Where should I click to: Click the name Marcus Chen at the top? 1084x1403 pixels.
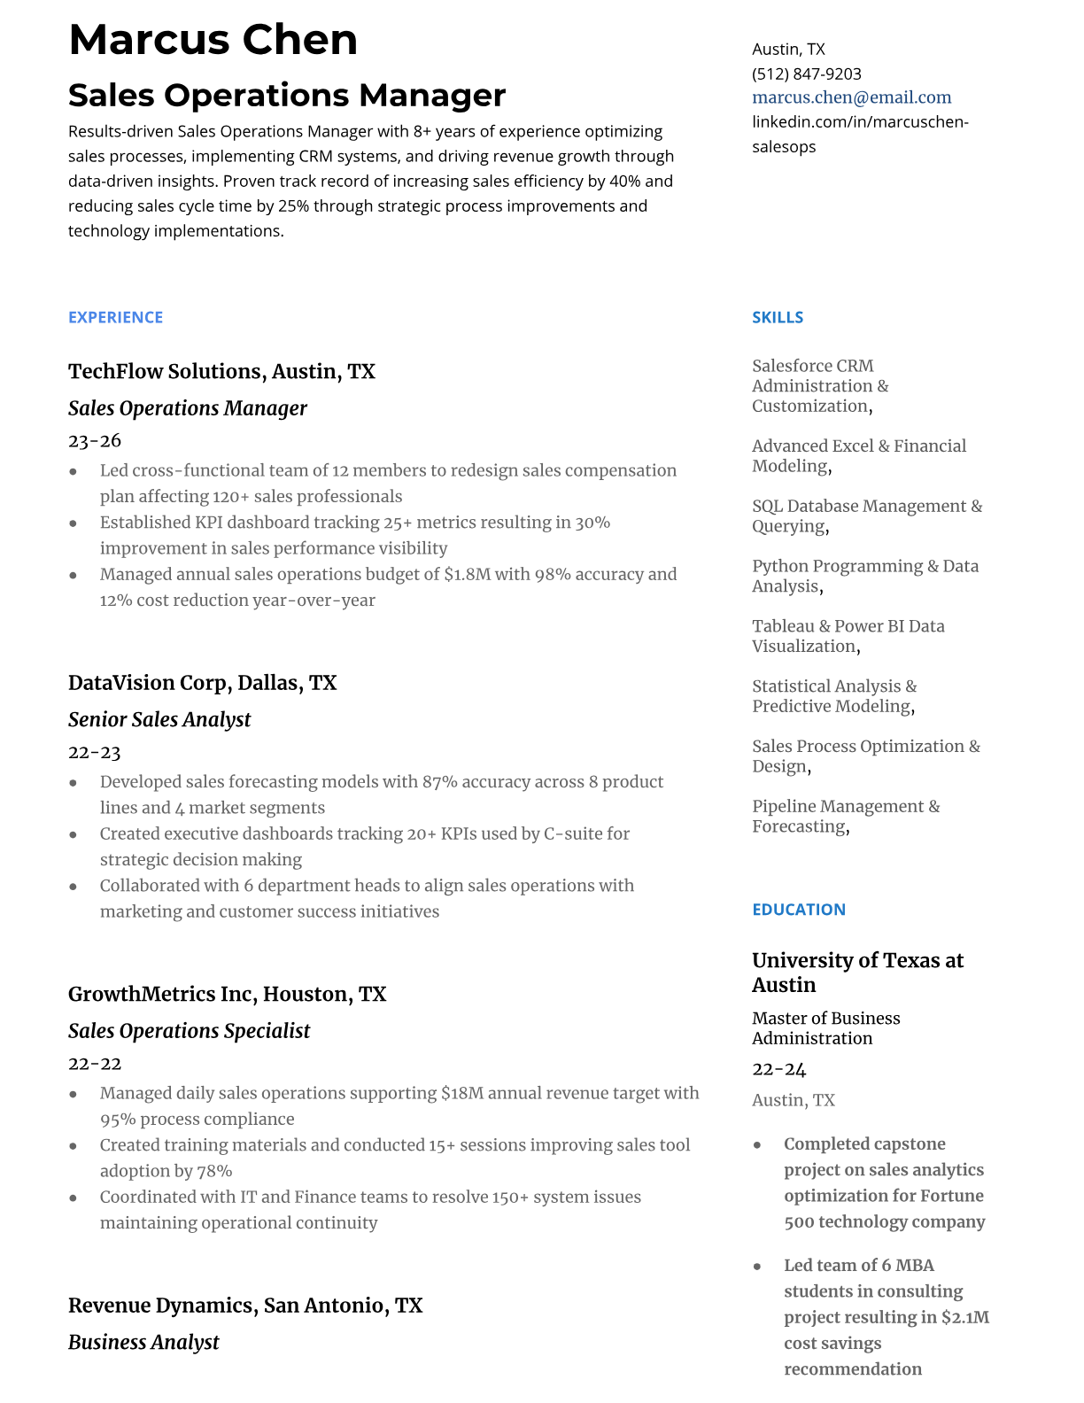pos(213,41)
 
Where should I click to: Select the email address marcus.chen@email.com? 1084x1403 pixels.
pos(851,97)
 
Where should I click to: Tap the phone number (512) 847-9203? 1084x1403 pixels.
pos(806,74)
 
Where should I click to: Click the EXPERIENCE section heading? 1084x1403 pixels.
pos(115,317)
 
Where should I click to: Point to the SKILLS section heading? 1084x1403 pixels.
pos(777,317)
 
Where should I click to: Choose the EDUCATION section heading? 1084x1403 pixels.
pos(798,910)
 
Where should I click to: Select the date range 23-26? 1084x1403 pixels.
pos(95,441)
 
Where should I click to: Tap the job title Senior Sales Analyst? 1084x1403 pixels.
pos(159,719)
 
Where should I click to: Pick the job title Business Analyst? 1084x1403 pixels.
pos(143,1342)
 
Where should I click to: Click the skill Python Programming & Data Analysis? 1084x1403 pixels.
pos(864,576)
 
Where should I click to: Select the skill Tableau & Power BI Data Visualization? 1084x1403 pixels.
pos(848,636)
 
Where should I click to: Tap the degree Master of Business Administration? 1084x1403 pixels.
pos(825,1028)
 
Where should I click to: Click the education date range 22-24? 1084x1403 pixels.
pos(778,1069)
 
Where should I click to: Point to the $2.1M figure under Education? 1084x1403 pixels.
pos(964,1317)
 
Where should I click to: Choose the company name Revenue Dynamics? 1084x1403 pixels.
pos(160,1306)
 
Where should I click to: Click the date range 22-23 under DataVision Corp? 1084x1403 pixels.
pos(95,753)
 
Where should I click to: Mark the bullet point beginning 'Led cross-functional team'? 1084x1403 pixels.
pos(388,483)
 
